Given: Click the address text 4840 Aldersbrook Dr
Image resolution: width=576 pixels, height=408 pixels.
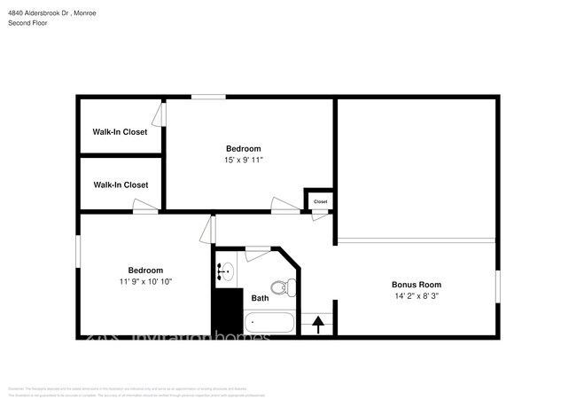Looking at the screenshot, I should tap(39, 13).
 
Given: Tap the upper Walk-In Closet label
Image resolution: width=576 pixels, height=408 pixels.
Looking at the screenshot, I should tap(120, 132).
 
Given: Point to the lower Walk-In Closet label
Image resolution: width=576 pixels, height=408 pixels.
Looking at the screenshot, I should tap(120, 184).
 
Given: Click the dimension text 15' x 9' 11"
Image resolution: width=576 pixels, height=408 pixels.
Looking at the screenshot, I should tap(244, 160).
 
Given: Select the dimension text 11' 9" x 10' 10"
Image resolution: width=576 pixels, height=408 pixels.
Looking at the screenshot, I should tap(145, 281).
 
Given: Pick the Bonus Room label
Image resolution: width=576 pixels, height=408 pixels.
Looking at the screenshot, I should tap(416, 285).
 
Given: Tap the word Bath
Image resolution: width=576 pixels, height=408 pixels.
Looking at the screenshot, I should tap(260, 298).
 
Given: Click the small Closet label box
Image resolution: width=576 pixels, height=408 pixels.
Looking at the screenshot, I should tap(320, 201).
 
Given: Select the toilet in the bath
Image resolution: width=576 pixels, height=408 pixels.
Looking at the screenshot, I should tap(282, 286).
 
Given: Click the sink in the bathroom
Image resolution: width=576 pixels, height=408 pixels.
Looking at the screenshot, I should tap(225, 271).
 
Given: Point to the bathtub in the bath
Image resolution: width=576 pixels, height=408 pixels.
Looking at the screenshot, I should tap(269, 324).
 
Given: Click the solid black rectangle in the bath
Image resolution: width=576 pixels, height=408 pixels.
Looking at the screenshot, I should tap(225, 311).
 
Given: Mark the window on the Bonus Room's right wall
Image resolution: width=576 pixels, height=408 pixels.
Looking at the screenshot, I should tap(497, 288).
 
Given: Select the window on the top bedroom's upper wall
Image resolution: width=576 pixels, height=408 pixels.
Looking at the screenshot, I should tap(208, 97).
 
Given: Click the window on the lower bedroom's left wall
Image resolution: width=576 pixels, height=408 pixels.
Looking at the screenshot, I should tap(77, 249).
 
